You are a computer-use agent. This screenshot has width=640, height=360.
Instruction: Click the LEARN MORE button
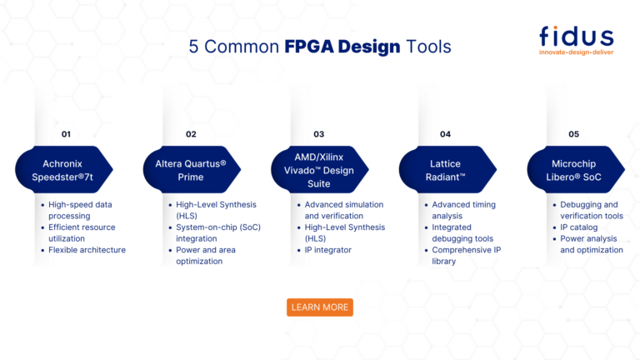tap(320, 307)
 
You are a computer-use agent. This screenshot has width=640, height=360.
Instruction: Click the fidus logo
tap(576, 37)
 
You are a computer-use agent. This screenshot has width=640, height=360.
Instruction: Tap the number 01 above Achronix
tap(67, 134)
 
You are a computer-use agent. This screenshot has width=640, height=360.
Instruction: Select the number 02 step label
tap(191, 134)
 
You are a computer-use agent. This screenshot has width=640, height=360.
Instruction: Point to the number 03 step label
tap(318, 134)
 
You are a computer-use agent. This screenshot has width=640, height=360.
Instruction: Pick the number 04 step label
tap(445, 134)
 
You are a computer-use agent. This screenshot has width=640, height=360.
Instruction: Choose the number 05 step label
tap(573, 134)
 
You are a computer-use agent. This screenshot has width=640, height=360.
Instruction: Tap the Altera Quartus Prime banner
tap(191, 171)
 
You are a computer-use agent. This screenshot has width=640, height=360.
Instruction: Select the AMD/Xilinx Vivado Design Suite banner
tap(318, 171)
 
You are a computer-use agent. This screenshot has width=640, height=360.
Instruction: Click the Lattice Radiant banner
tap(446, 171)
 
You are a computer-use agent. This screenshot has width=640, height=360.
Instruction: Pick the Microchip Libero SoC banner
tap(573, 171)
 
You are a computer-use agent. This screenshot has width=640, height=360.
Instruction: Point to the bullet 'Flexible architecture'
tap(87, 250)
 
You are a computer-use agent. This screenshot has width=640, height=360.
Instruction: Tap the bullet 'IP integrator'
tap(327, 250)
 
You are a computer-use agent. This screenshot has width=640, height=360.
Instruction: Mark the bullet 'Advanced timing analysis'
tap(463, 210)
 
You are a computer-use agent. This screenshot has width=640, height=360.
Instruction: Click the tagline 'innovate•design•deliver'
tap(576, 52)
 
